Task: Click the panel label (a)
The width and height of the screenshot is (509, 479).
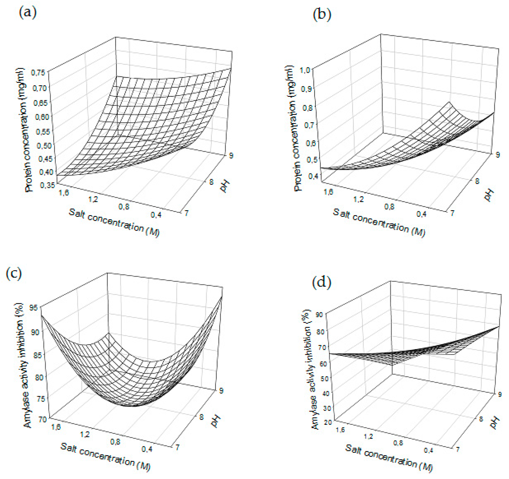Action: pyautogui.click(x=28, y=13)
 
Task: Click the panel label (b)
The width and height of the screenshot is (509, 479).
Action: pyautogui.click(x=322, y=14)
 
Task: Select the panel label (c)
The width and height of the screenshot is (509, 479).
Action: pyautogui.click(x=14, y=274)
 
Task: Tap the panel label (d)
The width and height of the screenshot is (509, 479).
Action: pyautogui.click(x=322, y=282)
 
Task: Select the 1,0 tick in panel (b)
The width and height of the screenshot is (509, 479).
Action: pyautogui.click(x=305, y=70)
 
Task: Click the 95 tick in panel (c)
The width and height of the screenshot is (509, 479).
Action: pyautogui.click(x=33, y=308)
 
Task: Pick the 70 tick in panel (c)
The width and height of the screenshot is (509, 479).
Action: pyautogui.click(x=42, y=419)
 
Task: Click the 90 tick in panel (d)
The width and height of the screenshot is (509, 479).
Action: pyautogui.click(x=319, y=315)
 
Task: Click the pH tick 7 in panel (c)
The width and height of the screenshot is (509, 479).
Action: pyautogui.click(x=178, y=447)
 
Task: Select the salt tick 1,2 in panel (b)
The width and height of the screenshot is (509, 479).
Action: pyautogui.click(x=358, y=199)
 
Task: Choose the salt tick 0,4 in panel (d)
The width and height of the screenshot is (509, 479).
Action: pyautogui.click(x=428, y=450)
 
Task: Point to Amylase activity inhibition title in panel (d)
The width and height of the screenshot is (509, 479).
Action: pyautogui.click(x=311, y=369)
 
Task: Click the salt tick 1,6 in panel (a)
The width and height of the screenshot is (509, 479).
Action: pyautogui.click(x=64, y=193)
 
